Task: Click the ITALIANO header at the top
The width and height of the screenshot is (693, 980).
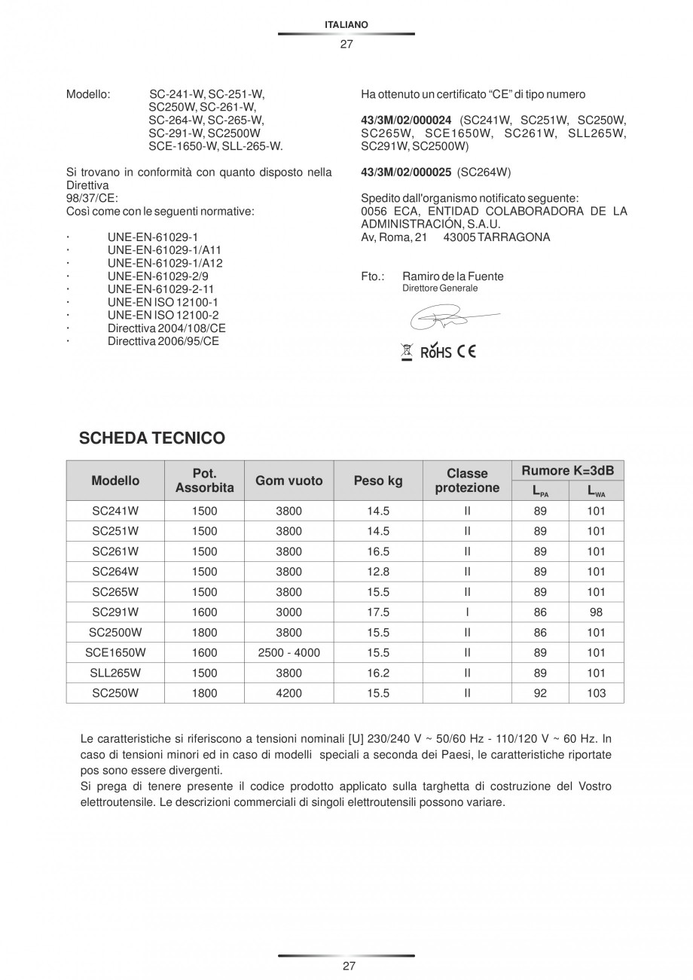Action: pyautogui.click(x=346, y=25)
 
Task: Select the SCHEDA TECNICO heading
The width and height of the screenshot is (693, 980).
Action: pyautogui.click(x=152, y=438)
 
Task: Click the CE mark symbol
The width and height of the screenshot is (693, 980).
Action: pyautogui.click(x=467, y=351)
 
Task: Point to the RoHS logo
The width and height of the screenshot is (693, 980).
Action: pyautogui.click(x=436, y=352)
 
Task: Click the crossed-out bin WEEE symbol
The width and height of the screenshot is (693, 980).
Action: pyautogui.click(x=407, y=351)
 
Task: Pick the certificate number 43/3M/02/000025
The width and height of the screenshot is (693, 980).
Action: pyautogui.click(x=406, y=172)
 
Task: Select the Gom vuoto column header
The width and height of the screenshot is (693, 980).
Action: pyautogui.click(x=289, y=481)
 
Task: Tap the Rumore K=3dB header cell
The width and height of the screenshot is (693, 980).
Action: pyautogui.click(x=567, y=471)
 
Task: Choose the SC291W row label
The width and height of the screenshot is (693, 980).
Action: pyautogui.click(x=115, y=612)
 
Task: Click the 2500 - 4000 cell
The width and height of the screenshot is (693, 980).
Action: pyautogui.click(x=289, y=653)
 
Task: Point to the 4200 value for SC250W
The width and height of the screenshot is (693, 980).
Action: pyautogui.click(x=289, y=694)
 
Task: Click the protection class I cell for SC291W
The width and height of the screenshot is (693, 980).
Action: pyautogui.click(x=467, y=612)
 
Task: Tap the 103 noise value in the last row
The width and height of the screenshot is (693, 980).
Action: pyautogui.click(x=596, y=694)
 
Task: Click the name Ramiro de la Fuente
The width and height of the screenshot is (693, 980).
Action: pyautogui.click(x=453, y=276)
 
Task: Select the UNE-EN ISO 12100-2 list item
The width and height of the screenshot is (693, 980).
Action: pyautogui.click(x=163, y=315)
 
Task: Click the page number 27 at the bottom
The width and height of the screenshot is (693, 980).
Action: pyautogui.click(x=346, y=966)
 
